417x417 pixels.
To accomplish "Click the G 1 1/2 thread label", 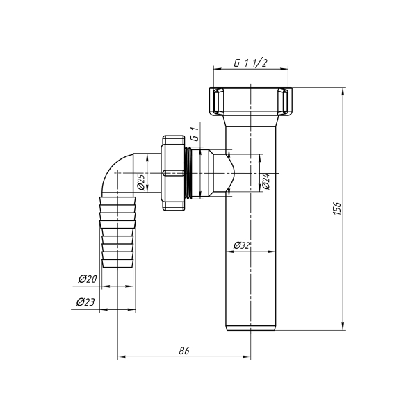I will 251,63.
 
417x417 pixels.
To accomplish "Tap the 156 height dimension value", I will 337,208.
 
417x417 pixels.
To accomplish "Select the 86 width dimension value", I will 183,351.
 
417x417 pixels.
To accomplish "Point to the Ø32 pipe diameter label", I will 242,245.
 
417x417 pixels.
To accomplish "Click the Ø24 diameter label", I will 265,182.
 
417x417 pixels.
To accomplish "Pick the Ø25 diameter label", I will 140,182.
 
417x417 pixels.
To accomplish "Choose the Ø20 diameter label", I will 87,279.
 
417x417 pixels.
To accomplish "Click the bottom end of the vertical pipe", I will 250,328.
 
